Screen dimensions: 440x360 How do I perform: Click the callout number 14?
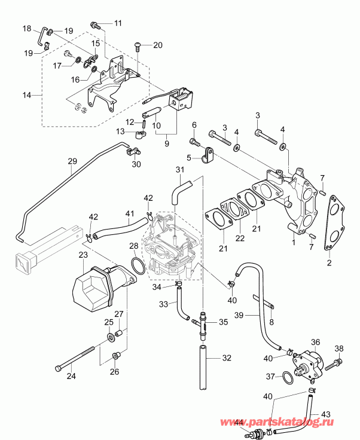pos(25,95)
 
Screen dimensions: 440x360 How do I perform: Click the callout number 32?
pos(227,359)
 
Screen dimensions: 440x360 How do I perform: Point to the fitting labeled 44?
pos(258,432)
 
